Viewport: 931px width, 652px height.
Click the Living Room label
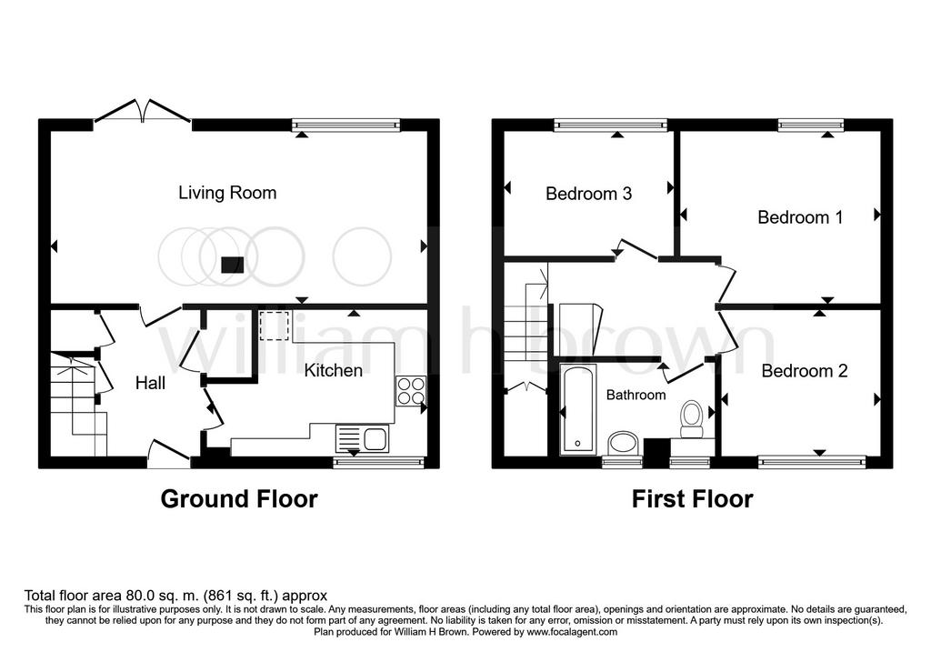click(x=227, y=193)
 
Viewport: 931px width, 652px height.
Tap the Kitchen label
click(x=333, y=370)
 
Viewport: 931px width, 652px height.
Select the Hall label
click(x=150, y=383)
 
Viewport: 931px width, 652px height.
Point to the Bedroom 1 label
click(x=800, y=217)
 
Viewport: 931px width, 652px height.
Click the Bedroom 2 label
click(x=805, y=371)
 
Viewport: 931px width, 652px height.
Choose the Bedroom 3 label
click(x=588, y=194)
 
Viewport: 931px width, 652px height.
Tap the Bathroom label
click(x=636, y=395)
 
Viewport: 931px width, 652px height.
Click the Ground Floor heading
click(x=239, y=499)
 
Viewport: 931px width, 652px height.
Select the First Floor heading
click(x=692, y=499)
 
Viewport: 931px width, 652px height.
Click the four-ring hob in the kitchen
click(x=410, y=391)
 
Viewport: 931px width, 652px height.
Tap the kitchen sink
click(x=362, y=439)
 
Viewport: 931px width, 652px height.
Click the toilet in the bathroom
click(x=691, y=419)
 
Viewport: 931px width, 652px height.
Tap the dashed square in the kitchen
click(x=274, y=326)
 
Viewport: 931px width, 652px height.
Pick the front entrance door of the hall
click(x=169, y=454)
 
